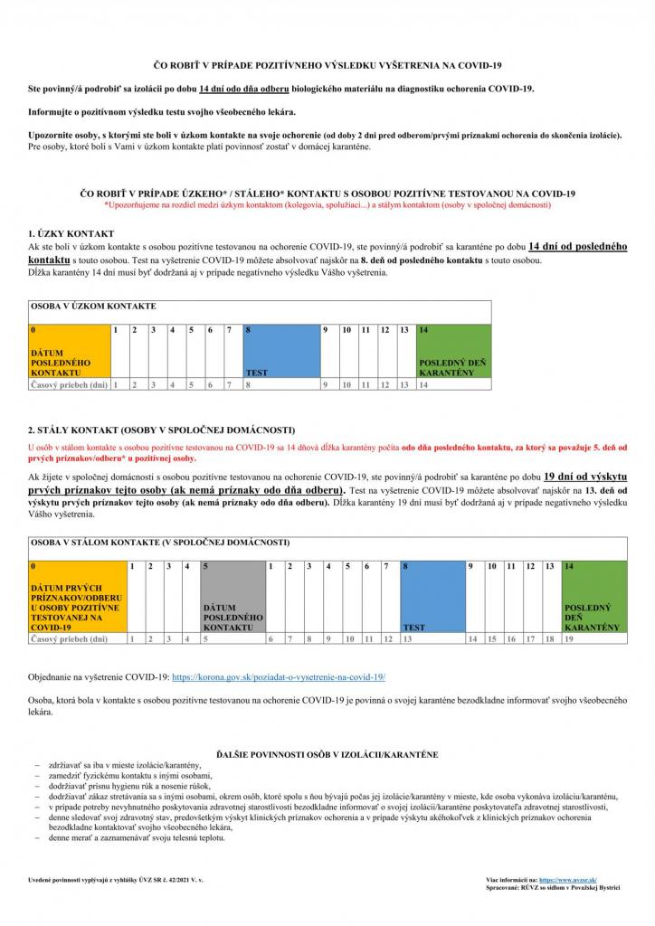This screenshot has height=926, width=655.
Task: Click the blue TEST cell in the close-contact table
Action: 281,350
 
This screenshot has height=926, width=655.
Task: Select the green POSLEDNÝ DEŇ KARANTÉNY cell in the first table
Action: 453,350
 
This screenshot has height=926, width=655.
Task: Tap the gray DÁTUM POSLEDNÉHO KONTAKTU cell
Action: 233,596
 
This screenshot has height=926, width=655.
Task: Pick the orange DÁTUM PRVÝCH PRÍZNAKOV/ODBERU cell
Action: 78,596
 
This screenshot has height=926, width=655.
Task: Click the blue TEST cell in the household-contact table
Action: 432,596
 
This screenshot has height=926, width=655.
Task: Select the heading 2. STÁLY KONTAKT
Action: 161,429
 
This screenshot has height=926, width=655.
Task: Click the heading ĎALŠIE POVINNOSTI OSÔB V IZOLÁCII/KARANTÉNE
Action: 327,752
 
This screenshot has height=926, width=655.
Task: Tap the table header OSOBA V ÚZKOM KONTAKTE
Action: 94,307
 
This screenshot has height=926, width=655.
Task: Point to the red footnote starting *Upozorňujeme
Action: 327,204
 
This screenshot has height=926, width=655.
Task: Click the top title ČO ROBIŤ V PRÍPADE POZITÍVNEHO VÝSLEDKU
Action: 327,65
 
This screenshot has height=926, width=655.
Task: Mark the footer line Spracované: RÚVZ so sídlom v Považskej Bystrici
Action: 553,889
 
